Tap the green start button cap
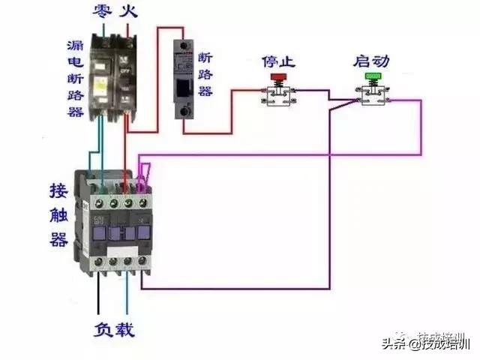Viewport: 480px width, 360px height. [372, 76]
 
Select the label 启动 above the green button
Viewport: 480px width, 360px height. [371, 59]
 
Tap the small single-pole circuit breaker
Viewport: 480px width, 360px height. [184, 79]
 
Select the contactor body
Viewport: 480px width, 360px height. [112, 221]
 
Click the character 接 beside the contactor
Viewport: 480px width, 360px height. [58, 190]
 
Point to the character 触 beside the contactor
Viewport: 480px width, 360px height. [58, 214]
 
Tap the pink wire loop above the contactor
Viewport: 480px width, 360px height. [144, 173]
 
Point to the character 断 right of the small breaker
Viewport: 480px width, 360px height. [207, 57]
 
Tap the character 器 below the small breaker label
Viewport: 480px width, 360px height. [207, 91]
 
